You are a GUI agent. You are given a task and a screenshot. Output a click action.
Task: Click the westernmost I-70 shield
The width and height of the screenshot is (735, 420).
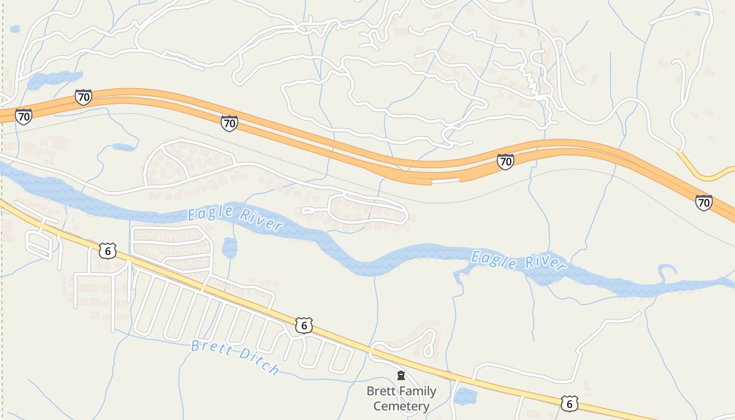tap(24, 116)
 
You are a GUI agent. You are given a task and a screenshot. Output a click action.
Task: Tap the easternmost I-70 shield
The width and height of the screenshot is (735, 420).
tap(703, 202)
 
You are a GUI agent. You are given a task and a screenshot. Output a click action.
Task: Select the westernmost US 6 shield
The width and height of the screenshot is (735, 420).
tap(107, 251)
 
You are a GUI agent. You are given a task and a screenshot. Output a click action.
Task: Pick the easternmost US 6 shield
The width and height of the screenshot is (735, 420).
tap(569, 403)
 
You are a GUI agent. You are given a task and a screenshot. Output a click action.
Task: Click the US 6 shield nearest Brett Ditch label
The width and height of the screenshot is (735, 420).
tap(303, 325)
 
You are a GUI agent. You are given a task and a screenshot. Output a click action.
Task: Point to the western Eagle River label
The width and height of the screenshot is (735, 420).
tap(235, 218)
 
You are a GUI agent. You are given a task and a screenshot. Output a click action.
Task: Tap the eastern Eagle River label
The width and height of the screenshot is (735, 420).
tap(518, 261)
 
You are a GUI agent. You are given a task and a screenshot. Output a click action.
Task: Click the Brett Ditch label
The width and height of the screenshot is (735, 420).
tap(235, 357)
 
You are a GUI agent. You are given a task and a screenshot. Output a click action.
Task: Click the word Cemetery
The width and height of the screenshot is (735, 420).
tap(401, 406)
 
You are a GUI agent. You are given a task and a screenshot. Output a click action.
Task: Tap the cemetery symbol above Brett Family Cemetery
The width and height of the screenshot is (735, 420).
tap(401, 375)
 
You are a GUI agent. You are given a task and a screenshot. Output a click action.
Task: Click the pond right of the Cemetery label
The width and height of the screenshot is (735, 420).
tap(465, 396)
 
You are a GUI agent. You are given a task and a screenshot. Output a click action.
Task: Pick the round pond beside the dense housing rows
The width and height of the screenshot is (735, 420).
tap(229, 248)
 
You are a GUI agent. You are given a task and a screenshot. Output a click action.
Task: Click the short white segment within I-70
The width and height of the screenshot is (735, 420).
tap(445, 180)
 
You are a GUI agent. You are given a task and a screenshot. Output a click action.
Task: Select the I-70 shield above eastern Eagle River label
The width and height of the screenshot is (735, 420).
tap(505, 161)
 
